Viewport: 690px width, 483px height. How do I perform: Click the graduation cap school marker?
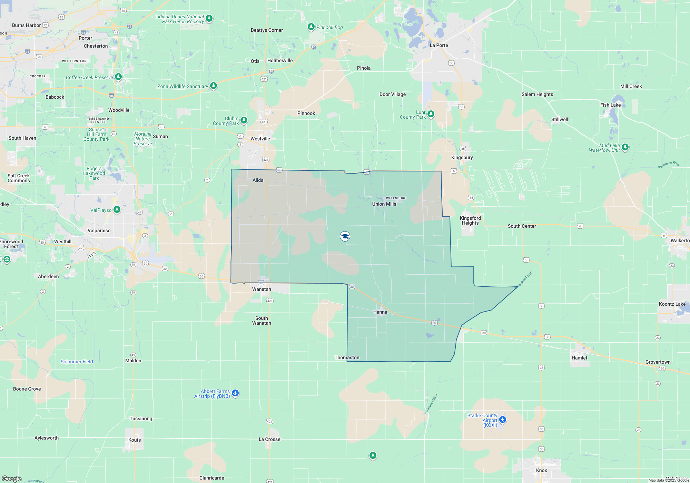coord(345,236)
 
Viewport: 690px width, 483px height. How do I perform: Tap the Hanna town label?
coord(380,312)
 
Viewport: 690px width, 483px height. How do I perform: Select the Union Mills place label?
coord(384,204)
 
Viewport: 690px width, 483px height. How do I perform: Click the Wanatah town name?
coord(262,289)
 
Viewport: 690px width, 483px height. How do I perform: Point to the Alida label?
coord(258,180)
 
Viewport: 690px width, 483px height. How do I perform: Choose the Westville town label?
coord(260,139)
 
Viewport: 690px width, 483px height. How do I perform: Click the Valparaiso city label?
coord(99,230)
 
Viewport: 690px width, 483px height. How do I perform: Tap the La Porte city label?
coord(439,45)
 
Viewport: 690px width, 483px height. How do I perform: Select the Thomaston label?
coord(347,357)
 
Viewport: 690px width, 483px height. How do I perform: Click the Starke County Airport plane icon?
coord(503,420)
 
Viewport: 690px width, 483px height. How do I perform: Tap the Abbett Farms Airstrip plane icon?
coord(235,393)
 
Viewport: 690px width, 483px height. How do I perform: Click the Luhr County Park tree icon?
coord(431,114)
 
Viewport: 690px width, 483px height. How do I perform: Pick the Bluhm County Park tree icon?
coord(244,120)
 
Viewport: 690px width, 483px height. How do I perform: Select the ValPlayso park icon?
coord(117,209)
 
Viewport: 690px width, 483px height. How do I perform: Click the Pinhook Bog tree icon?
coord(311,27)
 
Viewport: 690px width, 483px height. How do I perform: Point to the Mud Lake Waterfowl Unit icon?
coord(625,147)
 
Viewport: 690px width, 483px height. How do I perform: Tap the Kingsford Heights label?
coord(470,220)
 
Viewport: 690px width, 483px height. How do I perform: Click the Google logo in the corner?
coord(12,479)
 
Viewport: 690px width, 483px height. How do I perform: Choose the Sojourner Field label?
coord(77,362)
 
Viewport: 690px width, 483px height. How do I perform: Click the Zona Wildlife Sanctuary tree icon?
coord(214,85)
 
